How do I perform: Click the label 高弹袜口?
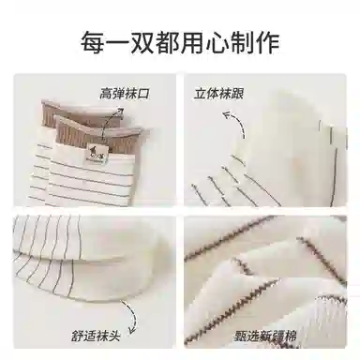click(125, 94)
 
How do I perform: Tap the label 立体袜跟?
click(218, 94)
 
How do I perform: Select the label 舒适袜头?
click(96, 337)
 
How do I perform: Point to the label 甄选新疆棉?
click(266, 337)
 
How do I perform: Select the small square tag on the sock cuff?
click(97, 153)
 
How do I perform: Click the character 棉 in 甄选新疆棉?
click(291, 337)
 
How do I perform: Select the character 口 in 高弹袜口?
click(143, 94)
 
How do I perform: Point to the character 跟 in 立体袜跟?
click(237, 94)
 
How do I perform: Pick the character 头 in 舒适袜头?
click(113, 337)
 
